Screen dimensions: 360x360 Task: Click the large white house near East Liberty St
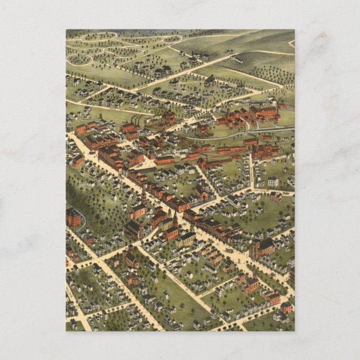tap(273, 182)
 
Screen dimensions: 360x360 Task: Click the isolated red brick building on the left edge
tap(73, 217)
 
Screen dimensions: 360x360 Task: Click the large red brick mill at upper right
tap(263, 111)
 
